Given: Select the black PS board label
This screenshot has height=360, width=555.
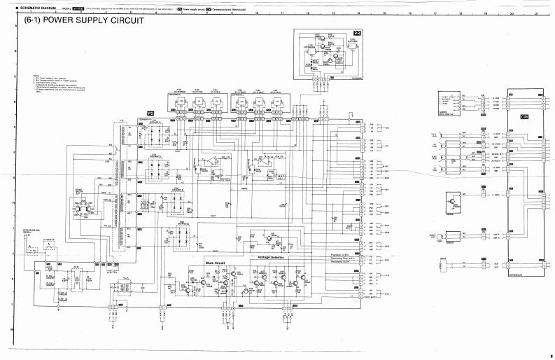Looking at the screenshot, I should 150,113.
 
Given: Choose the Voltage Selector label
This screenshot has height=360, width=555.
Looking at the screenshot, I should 274,258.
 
